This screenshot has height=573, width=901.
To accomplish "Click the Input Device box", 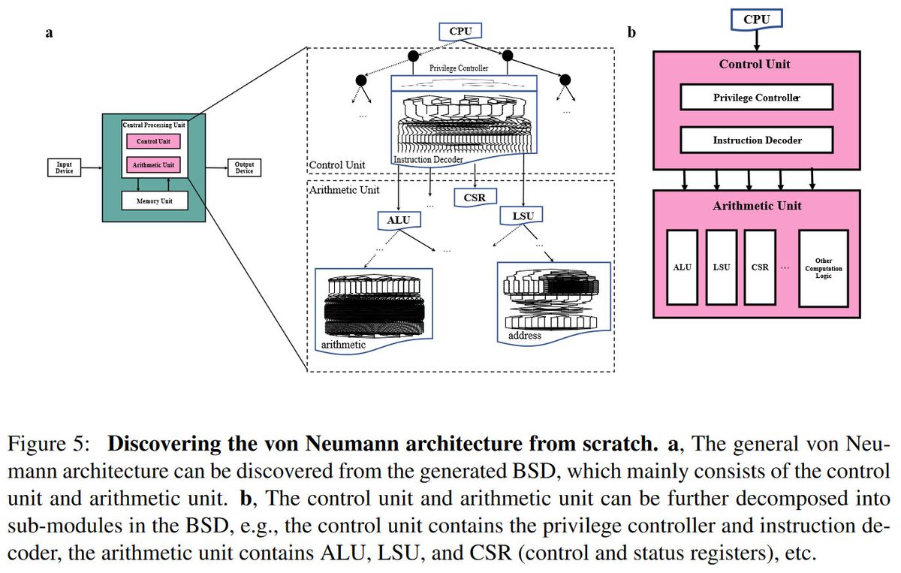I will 65,167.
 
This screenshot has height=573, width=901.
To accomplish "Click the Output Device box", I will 244,167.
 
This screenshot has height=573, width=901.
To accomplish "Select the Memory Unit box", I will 153,201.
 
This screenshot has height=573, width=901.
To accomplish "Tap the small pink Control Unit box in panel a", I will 153,141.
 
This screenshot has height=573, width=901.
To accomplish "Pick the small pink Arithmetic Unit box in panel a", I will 153,164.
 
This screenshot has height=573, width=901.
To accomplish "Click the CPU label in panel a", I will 460,31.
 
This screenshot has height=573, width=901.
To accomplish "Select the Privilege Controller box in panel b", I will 755,98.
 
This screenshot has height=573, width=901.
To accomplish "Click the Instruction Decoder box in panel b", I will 755,140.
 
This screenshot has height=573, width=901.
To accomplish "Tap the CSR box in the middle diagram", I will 475,198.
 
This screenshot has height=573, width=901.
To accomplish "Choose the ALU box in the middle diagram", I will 399,220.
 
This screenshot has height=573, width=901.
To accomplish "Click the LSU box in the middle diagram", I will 521,215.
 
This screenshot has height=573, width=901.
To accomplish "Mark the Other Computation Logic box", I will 823,267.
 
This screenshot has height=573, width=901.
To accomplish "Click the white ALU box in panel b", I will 682,267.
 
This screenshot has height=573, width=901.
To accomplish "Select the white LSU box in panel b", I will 721,267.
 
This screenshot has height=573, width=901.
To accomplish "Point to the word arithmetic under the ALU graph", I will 343,345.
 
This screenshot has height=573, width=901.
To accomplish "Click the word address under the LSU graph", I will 524,336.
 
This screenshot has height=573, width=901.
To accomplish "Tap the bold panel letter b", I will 631,32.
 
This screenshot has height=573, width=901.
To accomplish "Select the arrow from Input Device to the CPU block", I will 92,167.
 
